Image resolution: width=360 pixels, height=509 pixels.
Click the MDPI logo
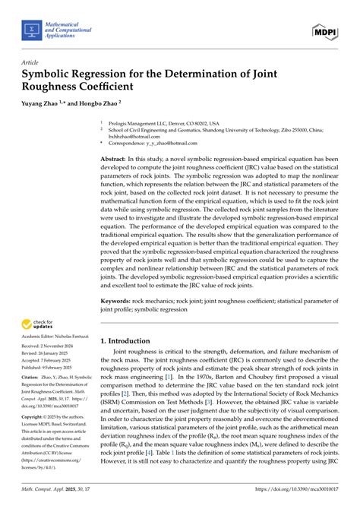click(x=324, y=31)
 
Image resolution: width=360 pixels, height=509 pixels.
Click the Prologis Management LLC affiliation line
click(x=164, y=122)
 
